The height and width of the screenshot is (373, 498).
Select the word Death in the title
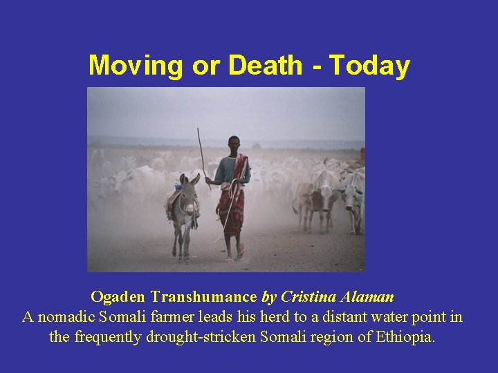coord(265,66)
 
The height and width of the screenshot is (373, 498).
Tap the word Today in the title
coord(369,66)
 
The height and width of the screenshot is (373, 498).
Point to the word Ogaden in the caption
coord(118,297)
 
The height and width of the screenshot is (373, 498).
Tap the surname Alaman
coord(367,297)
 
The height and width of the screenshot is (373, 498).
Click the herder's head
coord(234,143)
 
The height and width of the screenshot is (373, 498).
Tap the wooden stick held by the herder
coord(201,155)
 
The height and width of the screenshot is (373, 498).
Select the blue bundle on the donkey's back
coord(178,186)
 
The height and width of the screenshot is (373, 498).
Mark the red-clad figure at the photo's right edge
coord(362,156)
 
